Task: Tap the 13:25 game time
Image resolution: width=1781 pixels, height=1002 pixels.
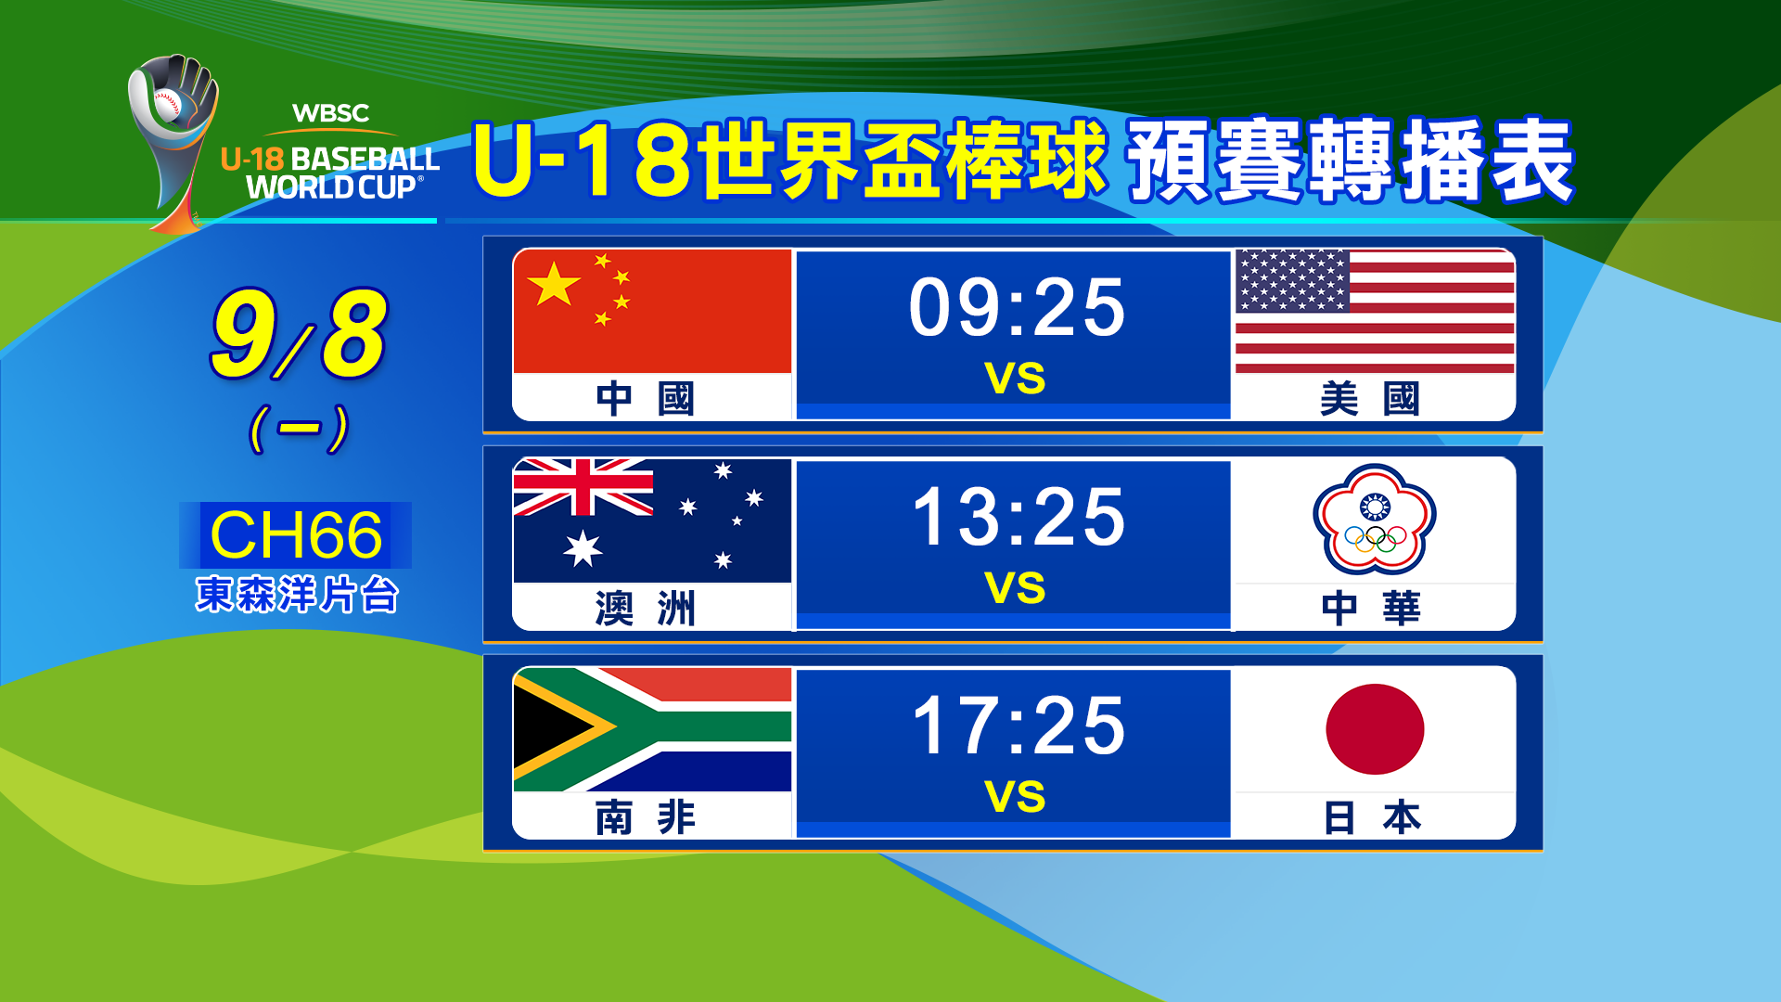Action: pos(1018,517)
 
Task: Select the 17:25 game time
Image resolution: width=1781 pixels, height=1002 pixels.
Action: pos(1018,726)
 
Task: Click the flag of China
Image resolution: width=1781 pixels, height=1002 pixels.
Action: pos(652,311)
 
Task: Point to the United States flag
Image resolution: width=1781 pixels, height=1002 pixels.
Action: pos(1375,311)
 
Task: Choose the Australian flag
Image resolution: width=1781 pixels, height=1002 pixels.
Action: pos(652,520)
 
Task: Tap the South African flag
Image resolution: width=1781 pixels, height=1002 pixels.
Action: pos(652,729)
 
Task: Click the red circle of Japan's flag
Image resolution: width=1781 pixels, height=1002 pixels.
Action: pos(1375,729)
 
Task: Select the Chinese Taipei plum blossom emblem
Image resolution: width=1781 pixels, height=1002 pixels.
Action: pos(1375,520)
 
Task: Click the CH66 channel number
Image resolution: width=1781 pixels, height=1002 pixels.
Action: pos(296,535)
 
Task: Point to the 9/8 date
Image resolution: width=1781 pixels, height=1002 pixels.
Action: pos(298,333)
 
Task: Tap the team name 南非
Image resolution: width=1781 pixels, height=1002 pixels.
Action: pos(645,817)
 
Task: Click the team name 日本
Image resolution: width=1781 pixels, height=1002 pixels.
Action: pos(1371,817)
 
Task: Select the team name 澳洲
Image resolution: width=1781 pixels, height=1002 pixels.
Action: pos(645,609)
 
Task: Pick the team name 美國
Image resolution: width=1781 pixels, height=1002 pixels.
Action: pos(1370,399)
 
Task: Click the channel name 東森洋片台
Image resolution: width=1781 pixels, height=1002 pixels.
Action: pos(297,595)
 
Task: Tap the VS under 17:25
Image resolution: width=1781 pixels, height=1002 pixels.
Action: pos(1015,797)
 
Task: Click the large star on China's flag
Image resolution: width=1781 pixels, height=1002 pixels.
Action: pos(554,284)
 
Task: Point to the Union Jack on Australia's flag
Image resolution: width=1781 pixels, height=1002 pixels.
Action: pos(583,487)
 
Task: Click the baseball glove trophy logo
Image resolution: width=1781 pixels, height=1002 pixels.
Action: pos(174,139)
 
